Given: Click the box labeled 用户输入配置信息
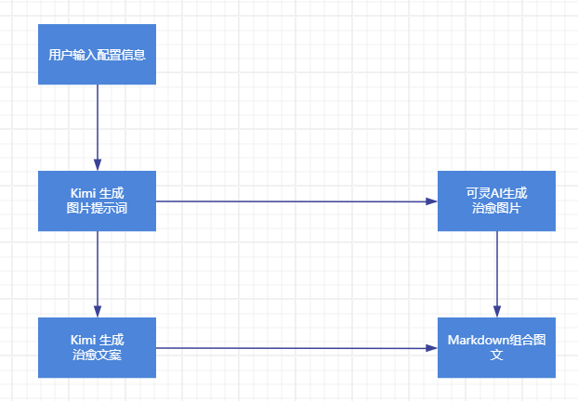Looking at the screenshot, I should [97, 54].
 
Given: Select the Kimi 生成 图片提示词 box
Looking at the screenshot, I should [97, 200].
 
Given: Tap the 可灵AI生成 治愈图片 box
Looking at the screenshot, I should [496, 200].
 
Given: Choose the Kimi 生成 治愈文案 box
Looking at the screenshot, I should [97, 347].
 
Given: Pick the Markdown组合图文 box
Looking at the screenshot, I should [496, 347].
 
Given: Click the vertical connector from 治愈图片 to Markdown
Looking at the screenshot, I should [496, 269].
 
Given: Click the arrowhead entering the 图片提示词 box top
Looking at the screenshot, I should [97, 164].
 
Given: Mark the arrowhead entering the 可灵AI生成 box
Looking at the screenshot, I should [430, 200].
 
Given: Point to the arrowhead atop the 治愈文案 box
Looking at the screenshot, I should [97, 311].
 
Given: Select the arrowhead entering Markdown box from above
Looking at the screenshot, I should [496, 311].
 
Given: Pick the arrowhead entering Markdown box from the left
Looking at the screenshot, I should [430, 347].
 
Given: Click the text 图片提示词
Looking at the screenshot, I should [97, 209].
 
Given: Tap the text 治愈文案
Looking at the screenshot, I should [97, 356].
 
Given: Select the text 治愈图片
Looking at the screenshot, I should [496, 209].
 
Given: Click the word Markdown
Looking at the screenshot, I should [478, 340].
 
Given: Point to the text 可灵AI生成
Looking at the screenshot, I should [496, 193].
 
